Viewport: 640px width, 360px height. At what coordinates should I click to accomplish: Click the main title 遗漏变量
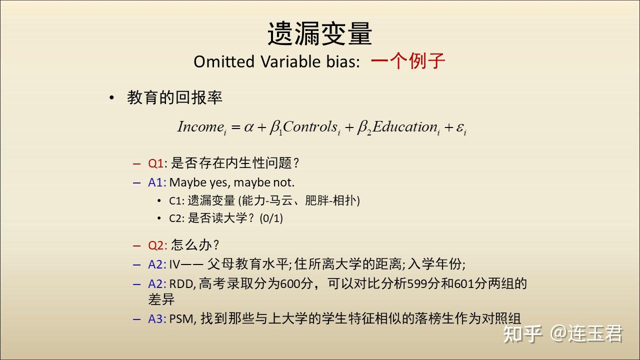(319, 33)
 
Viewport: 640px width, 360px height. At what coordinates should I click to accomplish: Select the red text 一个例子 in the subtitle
(408, 61)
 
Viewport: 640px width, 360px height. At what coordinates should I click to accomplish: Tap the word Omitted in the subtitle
(224, 61)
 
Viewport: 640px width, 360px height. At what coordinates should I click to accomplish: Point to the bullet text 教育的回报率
(174, 97)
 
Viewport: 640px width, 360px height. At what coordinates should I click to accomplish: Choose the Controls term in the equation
(311, 127)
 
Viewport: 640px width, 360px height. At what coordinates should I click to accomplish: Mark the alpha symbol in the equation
(248, 127)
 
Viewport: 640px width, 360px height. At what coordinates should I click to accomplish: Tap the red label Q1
(155, 163)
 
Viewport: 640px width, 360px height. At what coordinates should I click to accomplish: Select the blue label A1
(155, 182)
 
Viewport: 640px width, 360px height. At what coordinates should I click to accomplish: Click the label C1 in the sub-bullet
(175, 201)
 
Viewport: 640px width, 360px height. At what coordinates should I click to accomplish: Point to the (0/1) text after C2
(271, 218)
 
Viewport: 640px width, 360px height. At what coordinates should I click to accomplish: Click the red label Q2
(155, 245)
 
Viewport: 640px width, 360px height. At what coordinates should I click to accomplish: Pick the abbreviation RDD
(181, 284)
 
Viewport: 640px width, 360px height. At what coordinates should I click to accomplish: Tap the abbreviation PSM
(181, 319)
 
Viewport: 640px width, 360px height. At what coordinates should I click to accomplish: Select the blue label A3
(155, 319)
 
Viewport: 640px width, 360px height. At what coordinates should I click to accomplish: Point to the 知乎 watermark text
(522, 333)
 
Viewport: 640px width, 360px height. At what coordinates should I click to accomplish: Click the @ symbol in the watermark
(559, 333)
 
